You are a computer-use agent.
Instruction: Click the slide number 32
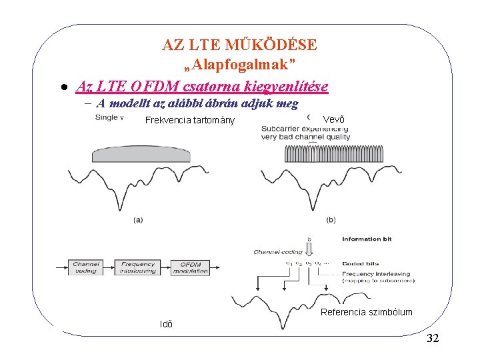(432, 339)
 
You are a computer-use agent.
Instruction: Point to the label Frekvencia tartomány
(190, 121)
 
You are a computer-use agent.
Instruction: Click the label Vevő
(334, 119)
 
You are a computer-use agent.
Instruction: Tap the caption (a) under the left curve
(138, 219)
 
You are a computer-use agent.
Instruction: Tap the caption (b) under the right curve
(331, 219)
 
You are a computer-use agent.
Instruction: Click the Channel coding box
(86, 267)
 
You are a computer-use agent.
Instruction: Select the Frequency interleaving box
(137, 267)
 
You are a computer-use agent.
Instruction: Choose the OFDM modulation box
(190, 267)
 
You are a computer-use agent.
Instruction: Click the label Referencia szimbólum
(367, 312)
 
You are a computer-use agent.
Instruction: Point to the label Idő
(167, 325)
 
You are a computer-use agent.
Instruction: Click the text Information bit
(371, 239)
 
